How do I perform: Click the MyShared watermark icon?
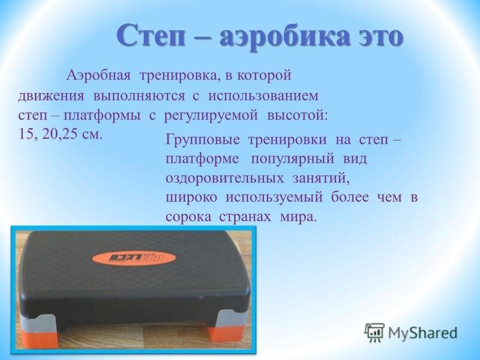(374, 331)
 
